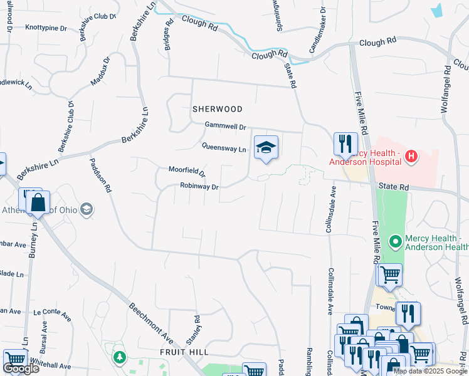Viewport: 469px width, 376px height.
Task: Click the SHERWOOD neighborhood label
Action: pos(217,108)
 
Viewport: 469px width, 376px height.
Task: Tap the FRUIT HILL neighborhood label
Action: pos(185,352)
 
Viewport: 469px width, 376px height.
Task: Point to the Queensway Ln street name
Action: pos(224,149)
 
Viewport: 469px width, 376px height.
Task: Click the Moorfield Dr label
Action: pos(187,170)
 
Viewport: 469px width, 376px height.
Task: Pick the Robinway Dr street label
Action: pos(199,186)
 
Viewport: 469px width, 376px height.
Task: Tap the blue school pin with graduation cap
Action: pos(266,148)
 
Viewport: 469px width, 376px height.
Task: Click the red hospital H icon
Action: pos(411,155)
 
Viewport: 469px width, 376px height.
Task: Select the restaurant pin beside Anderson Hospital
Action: pos(345,144)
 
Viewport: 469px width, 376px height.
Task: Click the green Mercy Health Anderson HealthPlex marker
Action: pos(395,241)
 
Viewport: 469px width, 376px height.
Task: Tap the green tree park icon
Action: pos(119,357)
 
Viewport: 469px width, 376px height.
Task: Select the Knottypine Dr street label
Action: pos(46,28)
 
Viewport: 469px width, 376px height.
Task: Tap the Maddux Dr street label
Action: pos(100,71)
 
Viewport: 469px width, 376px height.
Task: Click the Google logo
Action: pos(21,368)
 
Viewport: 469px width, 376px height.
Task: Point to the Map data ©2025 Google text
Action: pos(430,371)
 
